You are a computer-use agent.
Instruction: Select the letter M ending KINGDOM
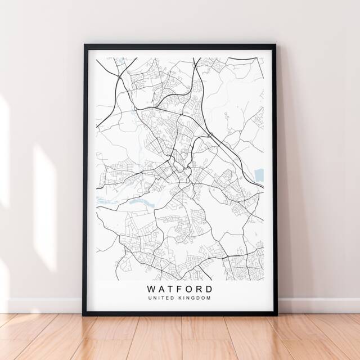click(209, 298)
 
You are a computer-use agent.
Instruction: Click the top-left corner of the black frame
click(85, 44)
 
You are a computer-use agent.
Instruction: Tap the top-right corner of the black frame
click(275, 44)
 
